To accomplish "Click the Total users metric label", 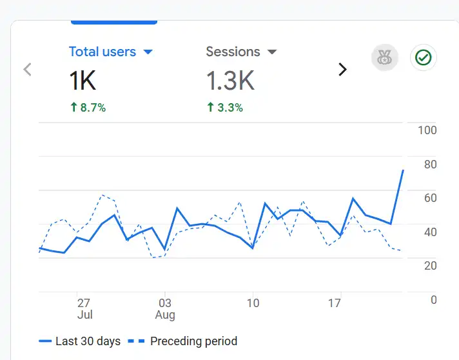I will (x=102, y=52).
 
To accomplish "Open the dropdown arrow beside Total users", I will (x=148, y=52).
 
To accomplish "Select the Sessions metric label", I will (x=233, y=52).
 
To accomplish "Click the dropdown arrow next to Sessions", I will (x=272, y=52).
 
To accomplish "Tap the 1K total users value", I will (x=83, y=81).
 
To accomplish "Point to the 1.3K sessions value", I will (x=230, y=81).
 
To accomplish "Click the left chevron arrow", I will (x=27, y=70).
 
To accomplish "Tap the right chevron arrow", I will (x=342, y=70).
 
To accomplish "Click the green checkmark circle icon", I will (x=424, y=58).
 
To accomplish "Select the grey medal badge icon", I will (x=384, y=58).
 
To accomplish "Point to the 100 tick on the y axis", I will (x=427, y=130).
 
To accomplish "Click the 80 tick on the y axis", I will (x=429, y=165).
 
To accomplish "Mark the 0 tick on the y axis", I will (x=433, y=300).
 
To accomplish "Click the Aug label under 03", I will (x=165, y=315).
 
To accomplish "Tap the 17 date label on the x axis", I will (x=334, y=303).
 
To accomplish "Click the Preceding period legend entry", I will (x=193, y=341).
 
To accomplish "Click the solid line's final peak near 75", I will (x=403, y=170).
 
